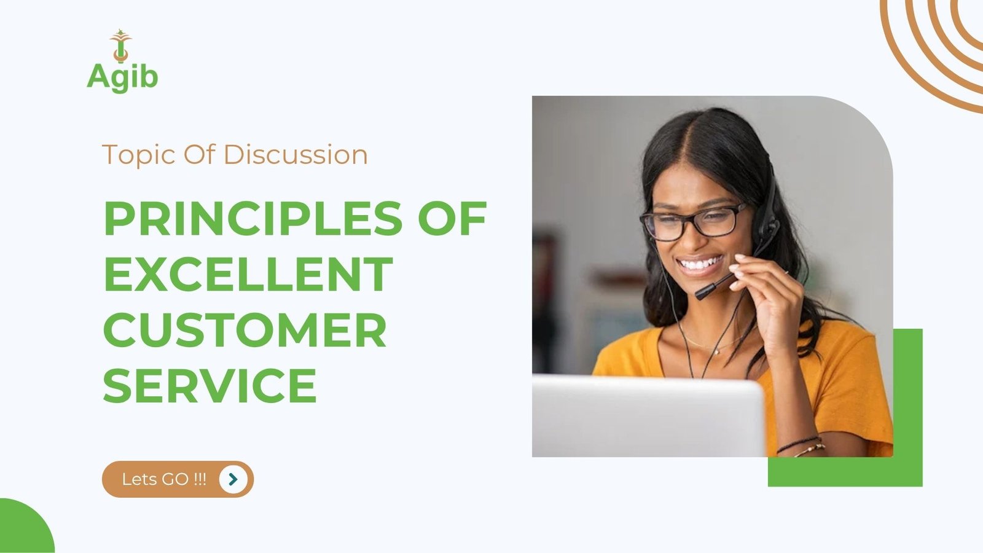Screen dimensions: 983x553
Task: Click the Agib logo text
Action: pyautogui.click(x=122, y=77)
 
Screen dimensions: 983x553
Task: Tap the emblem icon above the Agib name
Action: pyautogui.click(x=120, y=45)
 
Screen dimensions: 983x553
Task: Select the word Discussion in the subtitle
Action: pyautogui.click(x=296, y=154)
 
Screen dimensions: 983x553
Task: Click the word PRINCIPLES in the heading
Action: pyautogui.click(x=253, y=219)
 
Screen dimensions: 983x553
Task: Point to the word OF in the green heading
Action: pyautogui.click(x=452, y=219)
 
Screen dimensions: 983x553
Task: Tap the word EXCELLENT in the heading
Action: pyautogui.click(x=248, y=274)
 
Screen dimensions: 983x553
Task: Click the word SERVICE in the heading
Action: pyautogui.click(x=210, y=385)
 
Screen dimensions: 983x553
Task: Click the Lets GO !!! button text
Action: pyautogui.click(x=163, y=479)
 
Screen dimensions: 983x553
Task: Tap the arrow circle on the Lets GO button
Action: pyautogui.click(x=233, y=479)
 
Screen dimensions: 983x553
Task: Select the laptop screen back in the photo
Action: pyautogui.click(x=648, y=415)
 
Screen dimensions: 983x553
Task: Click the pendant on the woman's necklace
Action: pyautogui.click(x=716, y=351)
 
